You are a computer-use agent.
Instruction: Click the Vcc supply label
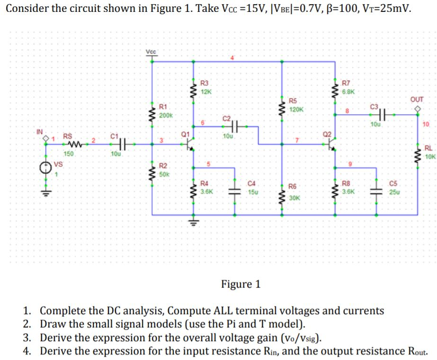point(151,51)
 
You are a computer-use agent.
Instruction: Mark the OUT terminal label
point(417,100)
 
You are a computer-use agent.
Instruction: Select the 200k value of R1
point(166,115)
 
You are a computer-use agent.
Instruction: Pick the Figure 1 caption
point(241,284)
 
